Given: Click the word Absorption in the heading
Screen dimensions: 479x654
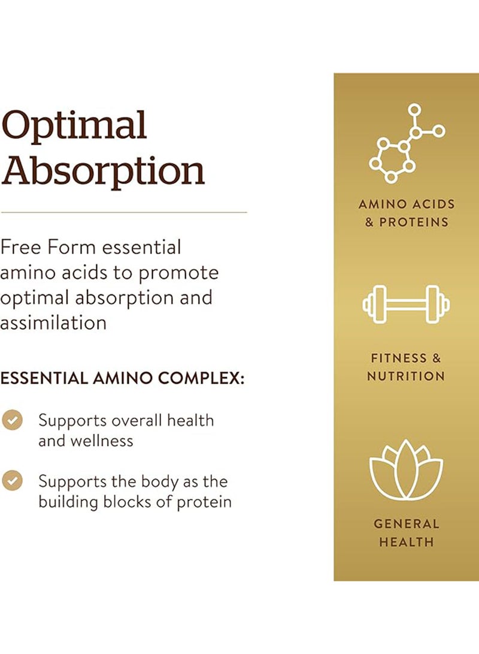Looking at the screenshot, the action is [x=102, y=170].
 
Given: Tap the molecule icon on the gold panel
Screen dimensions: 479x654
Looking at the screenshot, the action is [x=406, y=143].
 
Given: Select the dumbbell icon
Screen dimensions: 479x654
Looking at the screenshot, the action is [x=406, y=304].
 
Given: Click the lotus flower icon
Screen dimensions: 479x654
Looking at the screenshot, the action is [x=406, y=469].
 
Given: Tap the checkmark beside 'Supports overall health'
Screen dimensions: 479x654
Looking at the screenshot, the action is [x=12, y=420].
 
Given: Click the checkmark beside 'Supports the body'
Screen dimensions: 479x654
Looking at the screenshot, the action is [x=12, y=481].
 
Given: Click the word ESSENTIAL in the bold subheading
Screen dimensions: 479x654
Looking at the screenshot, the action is [x=43, y=378].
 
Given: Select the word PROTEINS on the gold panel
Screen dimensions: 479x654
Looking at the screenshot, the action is [x=414, y=222].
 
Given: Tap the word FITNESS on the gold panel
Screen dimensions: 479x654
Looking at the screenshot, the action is [x=393, y=358].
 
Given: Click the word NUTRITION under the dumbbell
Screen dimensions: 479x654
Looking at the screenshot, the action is [x=406, y=376].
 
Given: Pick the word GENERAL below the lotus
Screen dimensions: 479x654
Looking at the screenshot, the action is [x=407, y=524].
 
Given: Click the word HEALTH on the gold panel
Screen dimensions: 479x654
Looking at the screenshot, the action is [x=407, y=543].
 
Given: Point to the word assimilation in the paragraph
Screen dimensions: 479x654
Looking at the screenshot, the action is [x=53, y=323].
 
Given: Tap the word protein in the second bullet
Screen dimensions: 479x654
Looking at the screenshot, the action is [x=204, y=502].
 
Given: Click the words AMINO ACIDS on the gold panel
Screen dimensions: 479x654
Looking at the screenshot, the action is [x=407, y=204].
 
